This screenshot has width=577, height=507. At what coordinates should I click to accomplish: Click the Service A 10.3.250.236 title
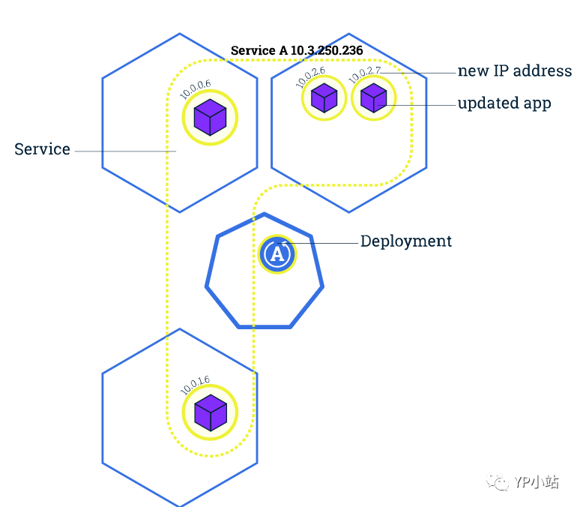297,50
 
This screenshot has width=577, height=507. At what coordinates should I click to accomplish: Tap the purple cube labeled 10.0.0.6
210,118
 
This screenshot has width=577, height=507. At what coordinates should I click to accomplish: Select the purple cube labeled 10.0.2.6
324,98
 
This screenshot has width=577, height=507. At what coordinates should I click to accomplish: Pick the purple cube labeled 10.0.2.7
373,98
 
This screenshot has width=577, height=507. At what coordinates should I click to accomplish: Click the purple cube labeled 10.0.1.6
211,412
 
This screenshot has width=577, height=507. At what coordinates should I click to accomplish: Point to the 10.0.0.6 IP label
195,89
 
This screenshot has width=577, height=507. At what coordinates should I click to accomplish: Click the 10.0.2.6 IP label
310,77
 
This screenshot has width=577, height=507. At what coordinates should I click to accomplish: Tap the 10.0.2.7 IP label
364,75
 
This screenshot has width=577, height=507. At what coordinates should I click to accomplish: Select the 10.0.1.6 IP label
195,385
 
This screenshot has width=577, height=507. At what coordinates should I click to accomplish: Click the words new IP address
515,70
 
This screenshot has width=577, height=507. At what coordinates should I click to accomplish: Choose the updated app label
504,103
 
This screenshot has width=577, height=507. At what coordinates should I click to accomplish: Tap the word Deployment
406,241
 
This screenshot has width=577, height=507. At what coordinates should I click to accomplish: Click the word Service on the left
42,149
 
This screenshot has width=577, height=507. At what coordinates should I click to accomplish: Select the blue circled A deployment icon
277,254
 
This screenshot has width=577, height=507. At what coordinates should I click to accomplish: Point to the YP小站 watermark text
537,481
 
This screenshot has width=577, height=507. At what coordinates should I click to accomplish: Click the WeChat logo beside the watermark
498,481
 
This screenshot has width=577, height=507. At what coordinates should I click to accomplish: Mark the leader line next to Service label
125,151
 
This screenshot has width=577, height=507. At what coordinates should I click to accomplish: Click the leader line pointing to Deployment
318,243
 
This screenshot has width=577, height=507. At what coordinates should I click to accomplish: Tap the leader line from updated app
417,106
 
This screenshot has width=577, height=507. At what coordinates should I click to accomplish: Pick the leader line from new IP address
418,73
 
